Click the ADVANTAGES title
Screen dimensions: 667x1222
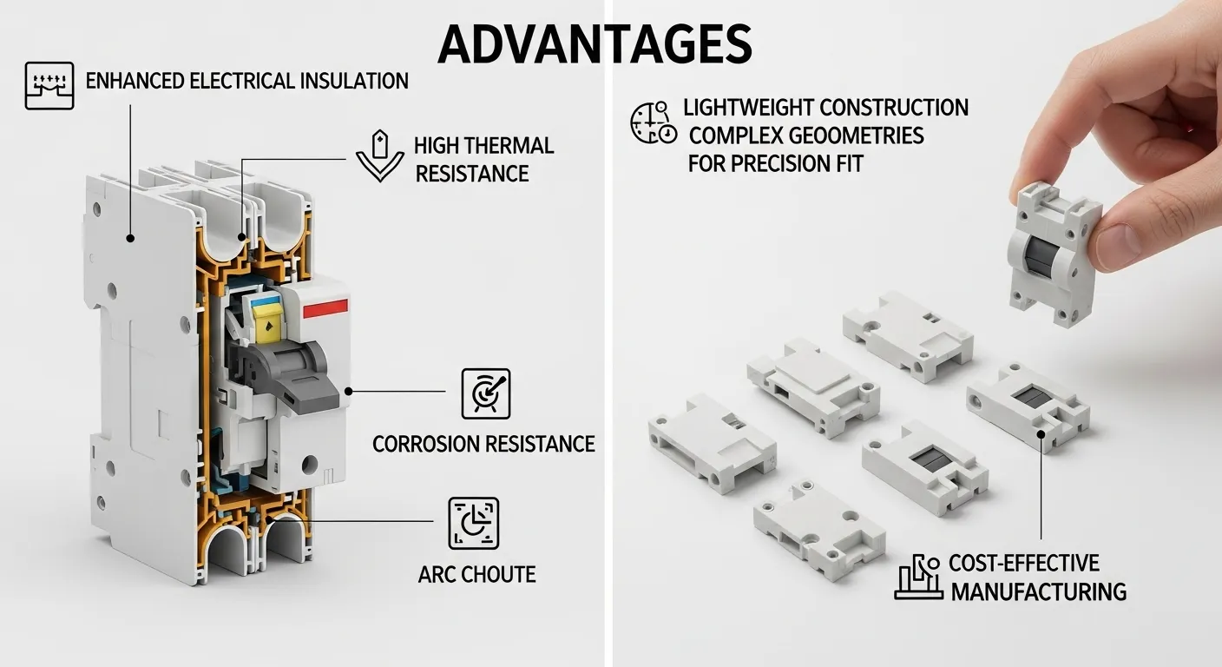[595, 43]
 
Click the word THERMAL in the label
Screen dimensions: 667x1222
[508, 145]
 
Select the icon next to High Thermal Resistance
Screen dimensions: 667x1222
[380, 156]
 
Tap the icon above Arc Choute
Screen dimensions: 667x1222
[474, 523]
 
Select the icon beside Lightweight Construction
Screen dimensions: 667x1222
[652, 122]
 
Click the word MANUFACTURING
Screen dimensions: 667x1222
[1039, 592]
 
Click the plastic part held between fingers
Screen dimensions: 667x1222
[1052, 247]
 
